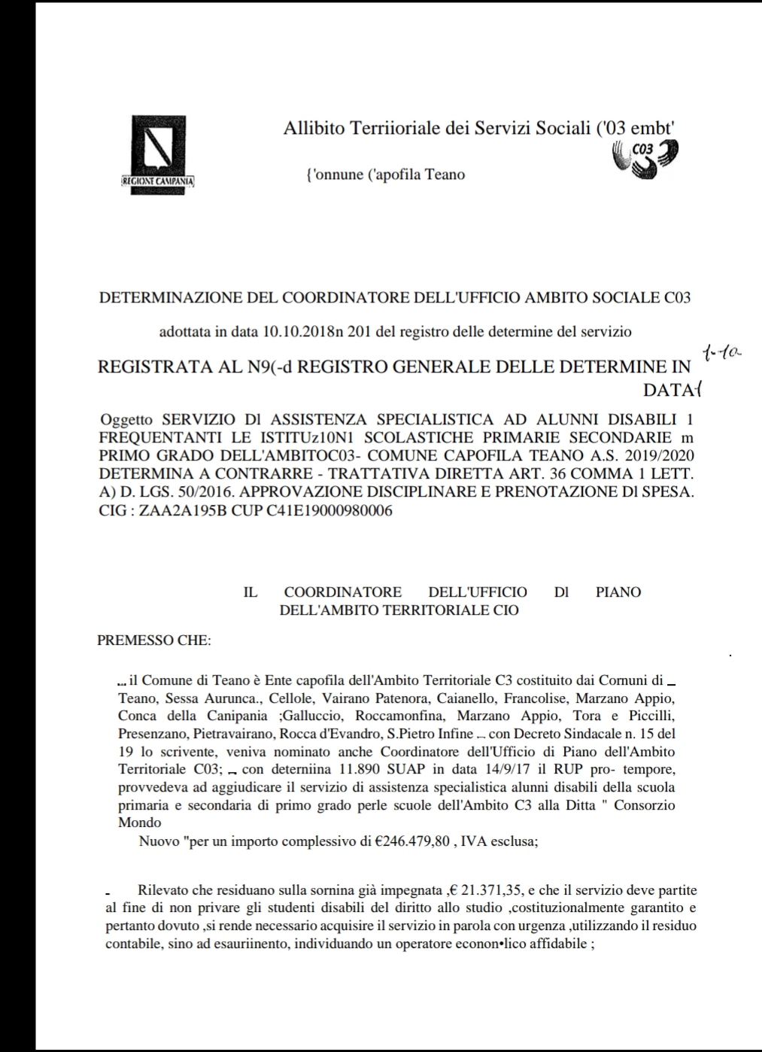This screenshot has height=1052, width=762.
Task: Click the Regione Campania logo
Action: point(158,155)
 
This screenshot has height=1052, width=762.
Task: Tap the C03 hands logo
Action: point(646,160)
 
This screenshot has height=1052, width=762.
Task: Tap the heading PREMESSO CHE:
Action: point(154,640)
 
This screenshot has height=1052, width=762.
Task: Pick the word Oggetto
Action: point(126,420)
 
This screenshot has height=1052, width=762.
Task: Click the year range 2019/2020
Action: point(657,455)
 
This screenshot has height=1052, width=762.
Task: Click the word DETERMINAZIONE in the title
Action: point(172,298)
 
